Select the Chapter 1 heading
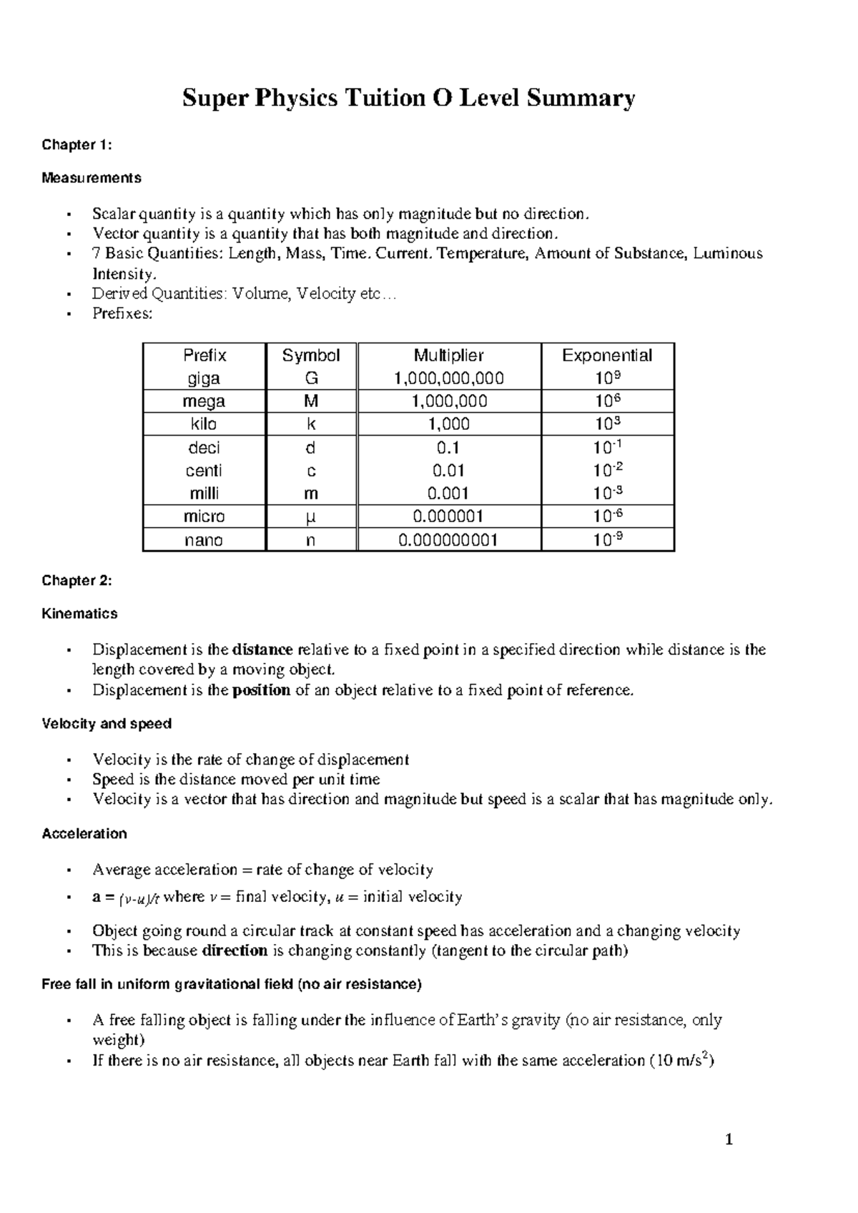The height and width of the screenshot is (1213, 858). [x=77, y=145]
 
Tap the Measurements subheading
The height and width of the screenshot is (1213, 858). [x=92, y=177]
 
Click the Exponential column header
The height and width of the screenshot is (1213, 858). [x=606, y=355]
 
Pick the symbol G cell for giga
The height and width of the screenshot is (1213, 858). [x=310, y=378]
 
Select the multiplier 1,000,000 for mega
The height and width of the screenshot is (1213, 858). [x=448, y=401]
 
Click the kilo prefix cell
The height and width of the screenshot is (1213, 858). [x=204, y=424]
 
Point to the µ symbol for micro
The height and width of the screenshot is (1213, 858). [x=310, y=516]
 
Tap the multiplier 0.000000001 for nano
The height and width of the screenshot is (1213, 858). [x=448, y=540]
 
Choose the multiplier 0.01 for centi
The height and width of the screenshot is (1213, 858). [x=448, y=471]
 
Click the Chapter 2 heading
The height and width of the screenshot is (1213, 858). [x=77, y=581]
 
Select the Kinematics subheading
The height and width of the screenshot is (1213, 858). [x=79, y=614]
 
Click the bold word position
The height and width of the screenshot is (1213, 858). [x=262, y=690]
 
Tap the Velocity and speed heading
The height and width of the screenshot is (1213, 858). [x=107, y=724]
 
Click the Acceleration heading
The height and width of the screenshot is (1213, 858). [x=84, y=834]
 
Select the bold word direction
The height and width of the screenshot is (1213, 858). [x=235, y=951]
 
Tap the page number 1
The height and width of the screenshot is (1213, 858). [x=729, y=1140]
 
